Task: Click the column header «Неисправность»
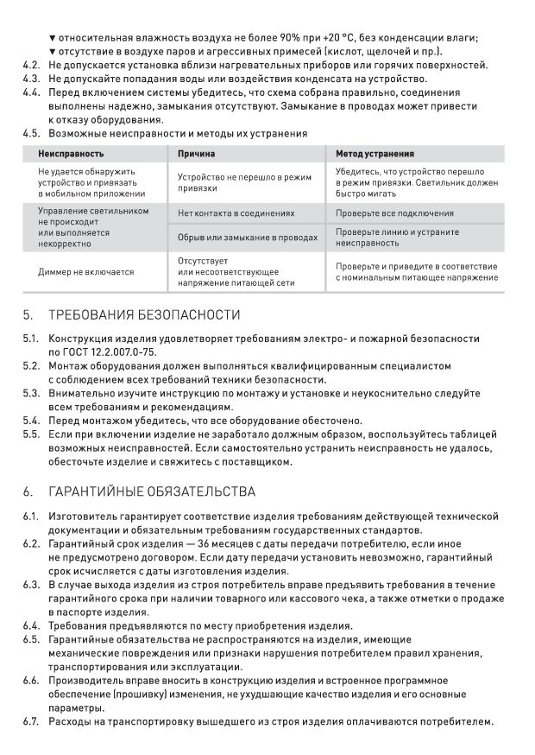[x=71, y=154]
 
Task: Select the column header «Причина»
[x=197, y=154]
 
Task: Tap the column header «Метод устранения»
[x=374, y=154]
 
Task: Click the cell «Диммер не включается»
[x=86, y=271]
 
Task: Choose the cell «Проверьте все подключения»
[x=394, y=213]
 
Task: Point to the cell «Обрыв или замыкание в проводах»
[x=248, y=237]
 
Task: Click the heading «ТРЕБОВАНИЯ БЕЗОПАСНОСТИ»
[x=144, y=314]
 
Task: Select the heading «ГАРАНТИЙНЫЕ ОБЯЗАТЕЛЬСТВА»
[x=152, y=492]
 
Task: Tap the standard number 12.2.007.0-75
[x=121, y=352]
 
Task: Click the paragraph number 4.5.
[x=31, y=134]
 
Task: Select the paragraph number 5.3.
[x=31, y=393]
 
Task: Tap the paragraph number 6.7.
[x=31, y=722]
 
